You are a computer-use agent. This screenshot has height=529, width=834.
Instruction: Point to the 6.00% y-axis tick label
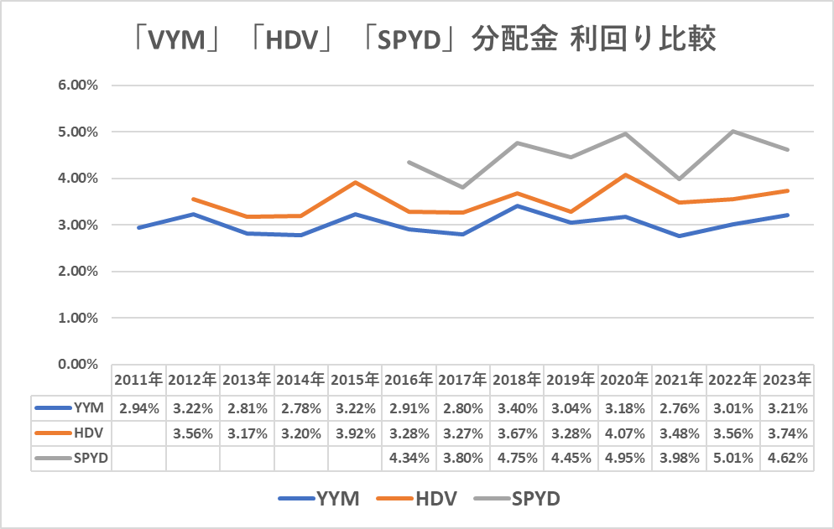pos(77,86)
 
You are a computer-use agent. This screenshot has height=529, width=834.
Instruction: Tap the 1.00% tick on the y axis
pos(77,319)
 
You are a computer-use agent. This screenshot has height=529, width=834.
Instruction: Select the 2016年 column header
pos(409,380)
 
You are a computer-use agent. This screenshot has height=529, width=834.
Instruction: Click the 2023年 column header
pos(788,380)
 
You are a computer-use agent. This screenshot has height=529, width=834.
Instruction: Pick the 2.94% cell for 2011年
pos(138,409)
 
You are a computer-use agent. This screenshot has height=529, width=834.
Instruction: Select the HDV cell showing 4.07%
pos(625,433)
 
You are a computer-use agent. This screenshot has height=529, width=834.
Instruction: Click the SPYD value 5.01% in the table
pos(733,459)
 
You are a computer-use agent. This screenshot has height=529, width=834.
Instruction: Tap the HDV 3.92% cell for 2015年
pos(355,433)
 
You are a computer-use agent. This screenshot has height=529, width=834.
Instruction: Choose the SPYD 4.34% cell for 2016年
pos(409,459)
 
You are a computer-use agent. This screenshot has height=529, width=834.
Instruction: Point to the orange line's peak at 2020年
pos(625,174)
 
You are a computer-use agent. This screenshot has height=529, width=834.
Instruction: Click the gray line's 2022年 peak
pos(733,131)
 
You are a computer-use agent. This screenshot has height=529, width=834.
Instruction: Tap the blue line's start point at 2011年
pos(138,227)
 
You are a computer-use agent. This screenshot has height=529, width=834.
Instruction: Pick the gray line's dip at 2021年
pos(680,179)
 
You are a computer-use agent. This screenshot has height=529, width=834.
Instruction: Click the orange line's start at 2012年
pos(193,199)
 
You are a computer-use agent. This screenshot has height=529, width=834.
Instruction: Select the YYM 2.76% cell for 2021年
pos(680,409)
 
